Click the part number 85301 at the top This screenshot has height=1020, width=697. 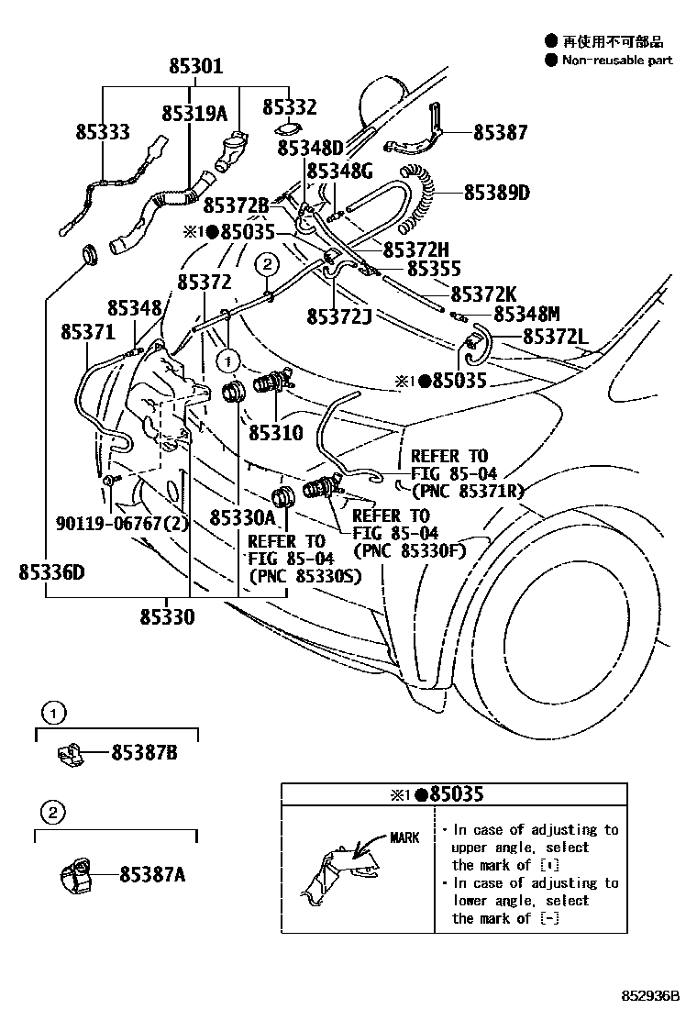point(195,67)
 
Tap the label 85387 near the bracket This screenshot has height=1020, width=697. point(500,133)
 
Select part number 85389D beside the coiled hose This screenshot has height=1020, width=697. point(496,193)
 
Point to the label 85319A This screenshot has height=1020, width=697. point(194,114)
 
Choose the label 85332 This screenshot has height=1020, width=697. point(289,107)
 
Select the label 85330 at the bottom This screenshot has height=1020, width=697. point(167,617)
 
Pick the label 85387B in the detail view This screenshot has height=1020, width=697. point(144,753)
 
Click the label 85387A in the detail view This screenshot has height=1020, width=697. point(151,875)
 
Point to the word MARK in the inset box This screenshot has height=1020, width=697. point(404,837)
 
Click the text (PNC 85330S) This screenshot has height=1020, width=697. point(304,576)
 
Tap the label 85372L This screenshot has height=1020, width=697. point(555,338)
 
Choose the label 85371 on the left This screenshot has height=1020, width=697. point(89,330)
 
